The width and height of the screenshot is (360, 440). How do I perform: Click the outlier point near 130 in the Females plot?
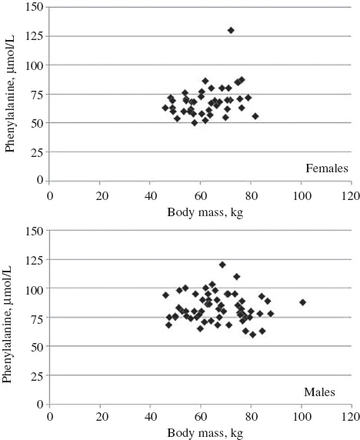231,30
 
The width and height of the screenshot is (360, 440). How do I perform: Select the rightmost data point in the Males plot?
302,302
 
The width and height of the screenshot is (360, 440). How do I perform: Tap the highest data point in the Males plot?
222,265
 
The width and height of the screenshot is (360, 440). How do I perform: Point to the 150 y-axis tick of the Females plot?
35,8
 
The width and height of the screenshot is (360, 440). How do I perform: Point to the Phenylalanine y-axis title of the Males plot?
10,317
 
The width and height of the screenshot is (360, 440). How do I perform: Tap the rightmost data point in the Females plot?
255,116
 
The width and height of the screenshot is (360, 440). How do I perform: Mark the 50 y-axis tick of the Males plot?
37,346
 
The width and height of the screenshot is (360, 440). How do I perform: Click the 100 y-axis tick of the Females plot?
35,65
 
